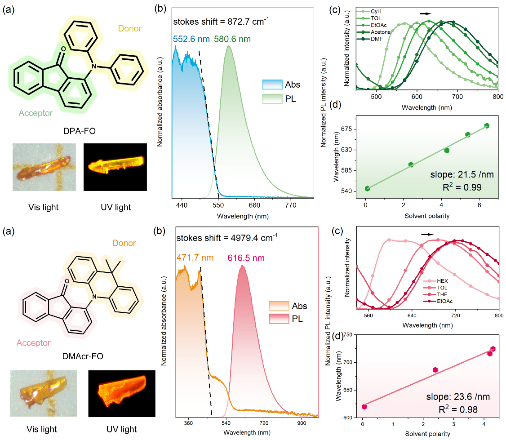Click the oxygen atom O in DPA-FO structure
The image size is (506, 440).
(x=62, y=48)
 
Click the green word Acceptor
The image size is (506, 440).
(x=36, y=113)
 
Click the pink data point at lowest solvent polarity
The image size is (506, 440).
(x=364, y=407)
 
